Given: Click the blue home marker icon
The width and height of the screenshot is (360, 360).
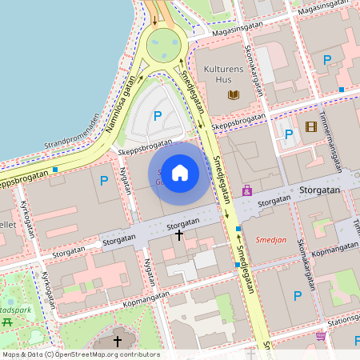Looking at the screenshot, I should tap(180, 172).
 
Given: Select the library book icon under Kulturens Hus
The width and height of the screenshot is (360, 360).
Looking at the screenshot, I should tap(234, 95).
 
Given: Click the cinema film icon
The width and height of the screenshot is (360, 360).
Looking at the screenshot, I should tap(310, 126).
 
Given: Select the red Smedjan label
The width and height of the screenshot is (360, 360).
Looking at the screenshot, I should tap(270, 239).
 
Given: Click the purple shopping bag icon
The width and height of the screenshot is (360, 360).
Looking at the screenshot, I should tap(247, 191).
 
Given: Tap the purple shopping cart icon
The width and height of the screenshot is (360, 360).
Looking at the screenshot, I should tap(322, 336).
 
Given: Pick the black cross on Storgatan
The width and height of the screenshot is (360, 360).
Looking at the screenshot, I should tap(179, 235).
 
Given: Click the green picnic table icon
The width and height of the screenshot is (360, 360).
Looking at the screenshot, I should tap(7, 322).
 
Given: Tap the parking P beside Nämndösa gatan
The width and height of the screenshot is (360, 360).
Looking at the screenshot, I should tap(158, 116).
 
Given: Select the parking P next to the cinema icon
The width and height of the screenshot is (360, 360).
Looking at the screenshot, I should tap(289, 134).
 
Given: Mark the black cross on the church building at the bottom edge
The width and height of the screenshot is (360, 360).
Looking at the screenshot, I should tap(117, 342).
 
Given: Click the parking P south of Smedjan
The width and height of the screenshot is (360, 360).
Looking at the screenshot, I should tap(298, 296).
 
